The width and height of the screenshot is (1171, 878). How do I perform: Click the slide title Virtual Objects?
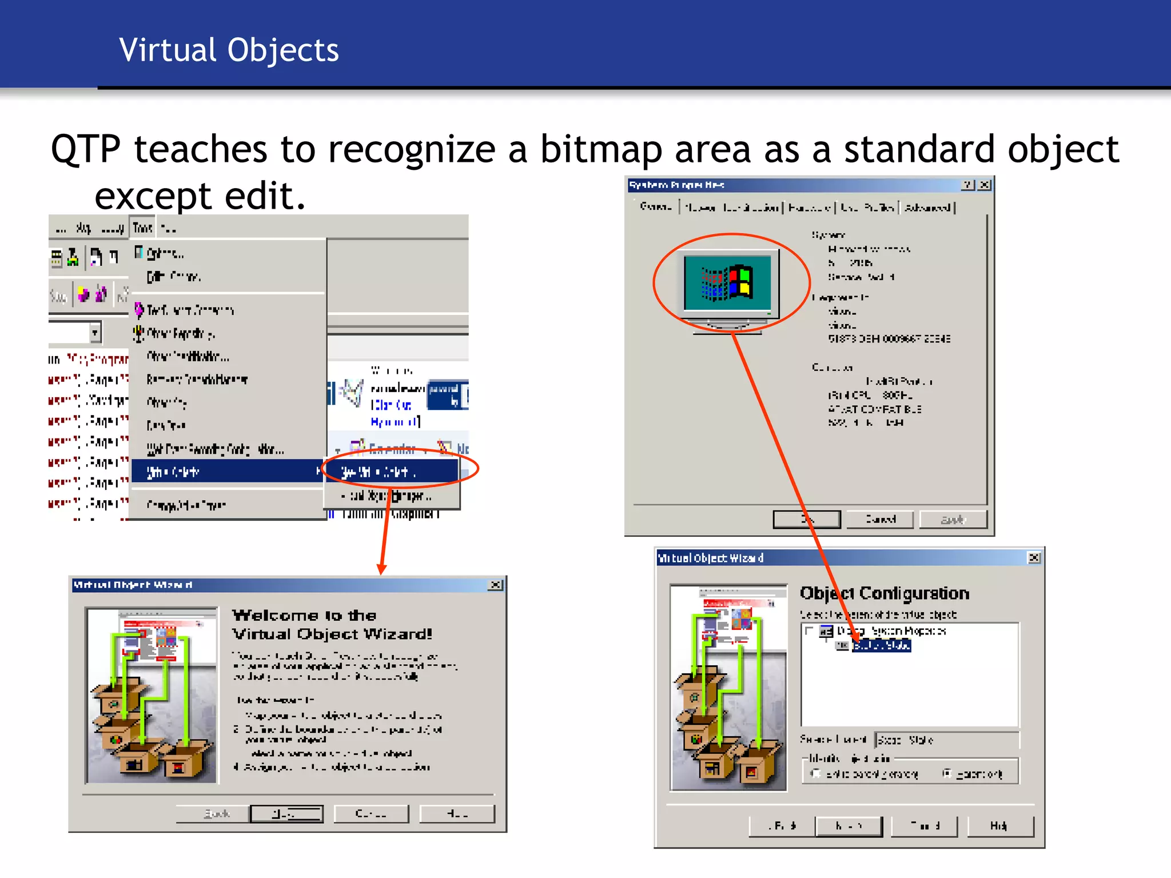tap(229, 50)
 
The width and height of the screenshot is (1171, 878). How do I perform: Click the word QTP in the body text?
tap(86, 150)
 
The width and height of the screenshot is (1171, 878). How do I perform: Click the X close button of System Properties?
tap(985, 185)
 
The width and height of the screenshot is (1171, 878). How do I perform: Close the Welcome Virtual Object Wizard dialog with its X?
tap(496, 585)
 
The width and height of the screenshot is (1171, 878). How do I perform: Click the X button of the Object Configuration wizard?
tap(1034, 558)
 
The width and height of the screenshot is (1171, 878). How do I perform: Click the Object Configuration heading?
tap(884, 593)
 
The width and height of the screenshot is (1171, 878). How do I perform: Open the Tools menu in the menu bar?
tap(142, 228)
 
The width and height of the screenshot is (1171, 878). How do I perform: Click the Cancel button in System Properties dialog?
tap(879, 519)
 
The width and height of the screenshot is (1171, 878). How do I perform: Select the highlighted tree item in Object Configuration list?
tap(881, 645)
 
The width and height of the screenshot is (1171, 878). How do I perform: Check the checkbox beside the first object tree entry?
tap(809, 630)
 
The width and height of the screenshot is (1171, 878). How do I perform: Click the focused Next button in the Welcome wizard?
tap(286, 813)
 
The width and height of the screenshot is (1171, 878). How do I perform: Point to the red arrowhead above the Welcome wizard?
tap(382, 569)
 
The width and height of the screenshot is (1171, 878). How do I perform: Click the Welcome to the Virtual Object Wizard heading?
tap(332, 624)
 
